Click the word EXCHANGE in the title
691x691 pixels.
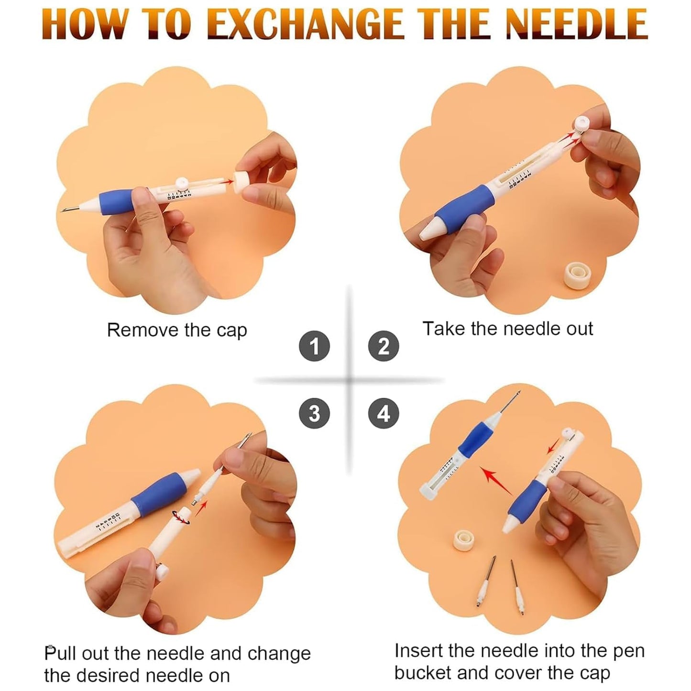click(307, 24)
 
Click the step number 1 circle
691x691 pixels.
click(314, 346)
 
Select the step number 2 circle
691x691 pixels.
click(384, 346)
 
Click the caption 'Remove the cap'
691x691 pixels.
click(176, 330)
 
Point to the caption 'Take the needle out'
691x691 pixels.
click(507, 329)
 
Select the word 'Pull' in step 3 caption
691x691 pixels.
click(60, 653)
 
